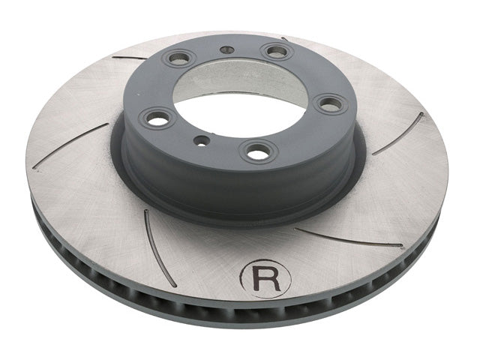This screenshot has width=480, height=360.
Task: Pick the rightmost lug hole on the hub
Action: click(x=329, y=103)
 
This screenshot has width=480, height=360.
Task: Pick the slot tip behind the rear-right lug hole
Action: click(x=285, y=39)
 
